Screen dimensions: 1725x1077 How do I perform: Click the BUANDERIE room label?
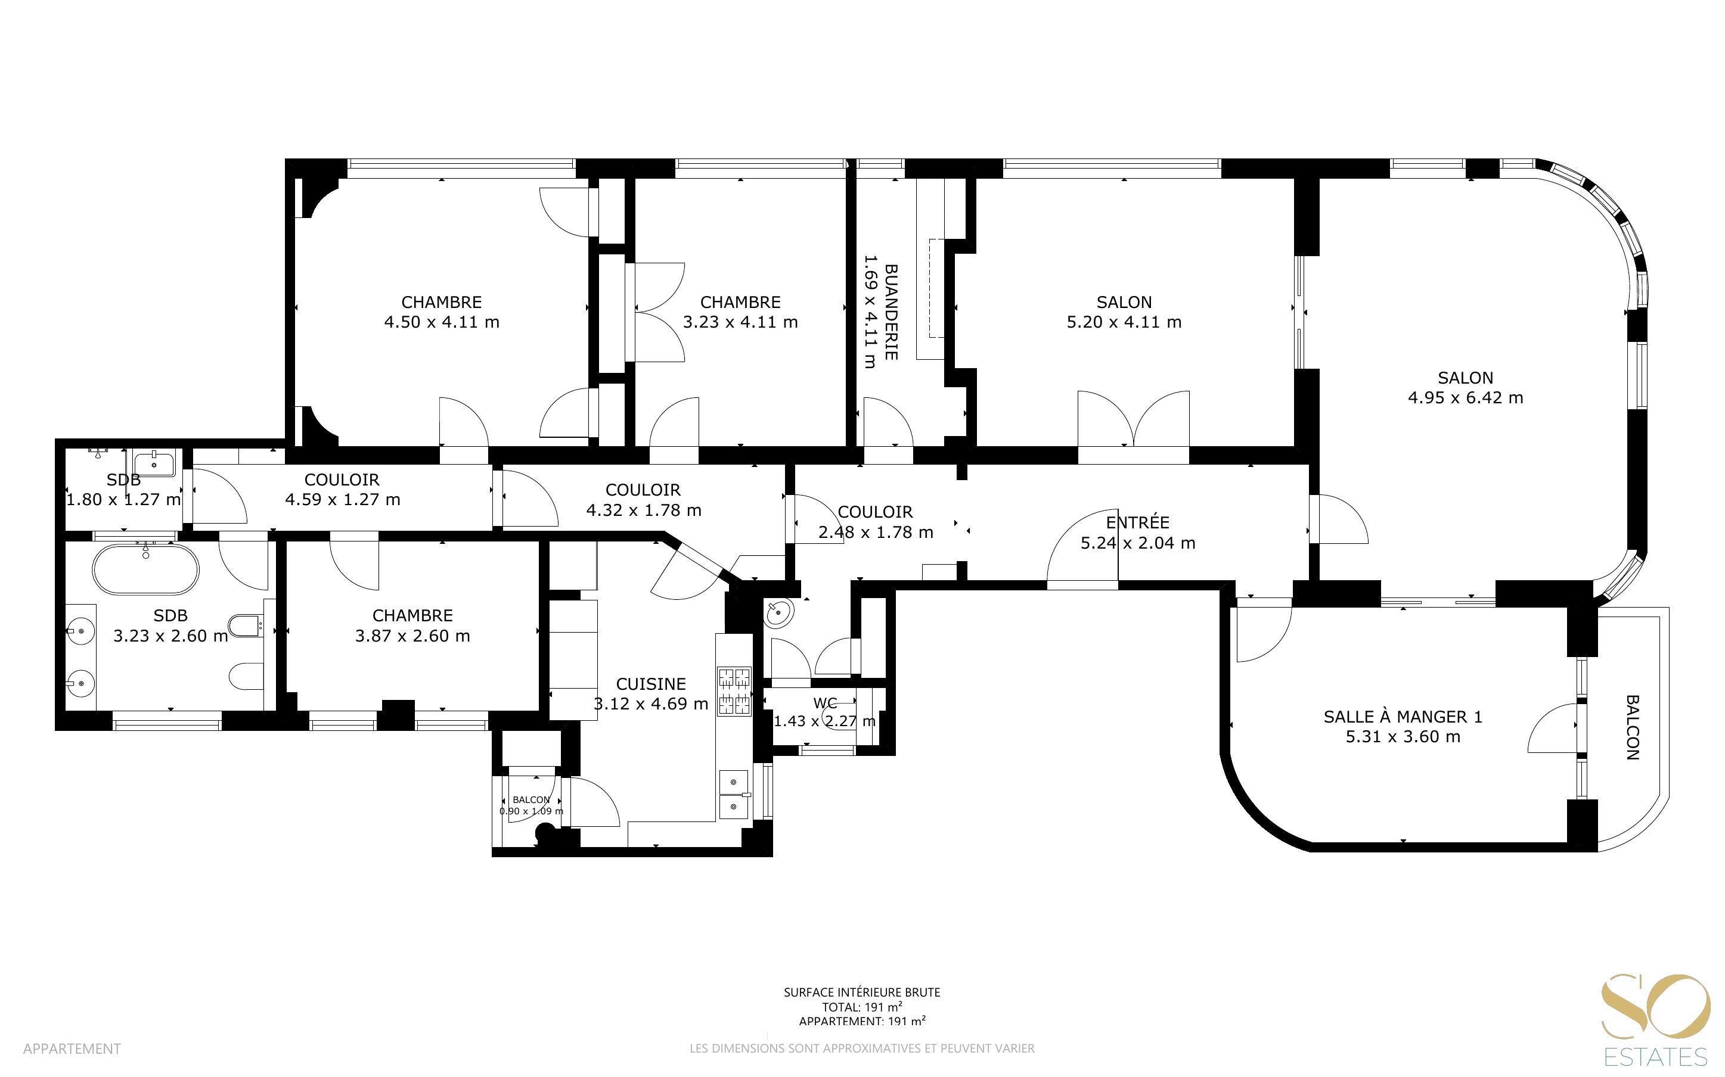pyautogui.click(x=891, y=312)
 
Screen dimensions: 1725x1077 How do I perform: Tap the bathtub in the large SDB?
pyautogui.click(x=145, y=569)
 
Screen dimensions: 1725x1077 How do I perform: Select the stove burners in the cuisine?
pyautogui.click(x=734, y=690)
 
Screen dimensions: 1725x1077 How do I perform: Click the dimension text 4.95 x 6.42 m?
pyautogui.click(x=1466, y=398)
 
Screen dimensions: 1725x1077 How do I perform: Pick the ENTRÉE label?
pyautogui.click(x=1138, y=522)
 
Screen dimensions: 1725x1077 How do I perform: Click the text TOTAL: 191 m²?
pyautogui.click(x=862, y=1007)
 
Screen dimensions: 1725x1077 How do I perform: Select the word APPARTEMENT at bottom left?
pyautogui.click(x=72, y=1048)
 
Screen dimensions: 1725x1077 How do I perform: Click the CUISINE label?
pyautogui.click(x=650, y=684)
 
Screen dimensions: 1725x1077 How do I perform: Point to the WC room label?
pyautogui.click(x=825, y=703)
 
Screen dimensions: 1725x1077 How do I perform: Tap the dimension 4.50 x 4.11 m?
pyautogui.click(x=442, y=322)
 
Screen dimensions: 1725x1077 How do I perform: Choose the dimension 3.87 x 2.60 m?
pyautogui.click(x=412, y=636)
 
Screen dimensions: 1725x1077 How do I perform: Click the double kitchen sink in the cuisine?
pyautogui.click(x=734, y=795)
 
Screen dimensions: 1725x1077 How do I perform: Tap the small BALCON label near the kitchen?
pyautogui.click(x=531, y=800)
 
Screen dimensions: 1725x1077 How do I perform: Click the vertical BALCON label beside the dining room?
pyautogui.click(x=1633, y=727)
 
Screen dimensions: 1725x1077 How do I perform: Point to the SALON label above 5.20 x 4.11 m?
pyautogui.click(x=1124, y=302)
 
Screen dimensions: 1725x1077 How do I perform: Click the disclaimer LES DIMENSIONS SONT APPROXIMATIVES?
pyautogui.click(x=862, y=1048)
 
